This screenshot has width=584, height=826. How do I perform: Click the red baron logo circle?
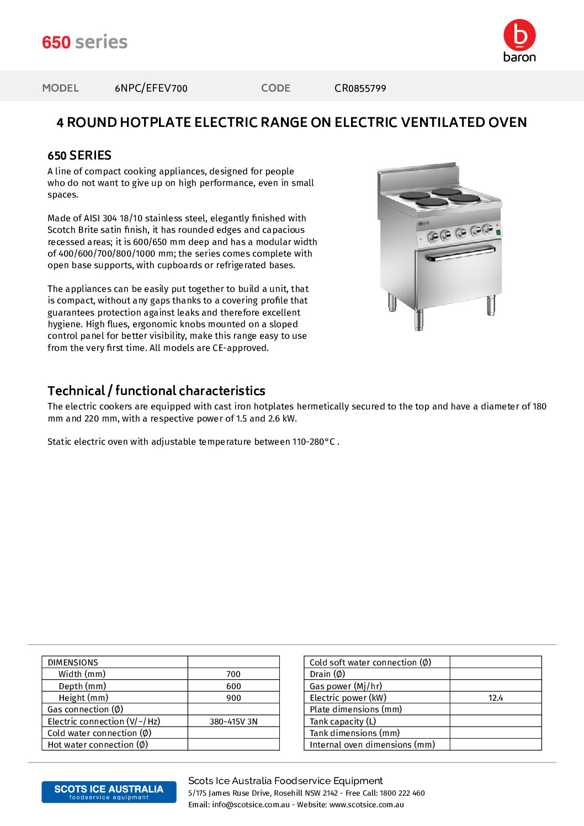(x=519, y=35)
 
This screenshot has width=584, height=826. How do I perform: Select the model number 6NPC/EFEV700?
(x=151, y=88)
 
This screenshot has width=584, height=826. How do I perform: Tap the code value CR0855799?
(x=360, y=88)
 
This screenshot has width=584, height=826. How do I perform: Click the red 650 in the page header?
(x=56, y=42)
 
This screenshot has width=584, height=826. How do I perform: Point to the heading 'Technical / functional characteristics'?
(x=156, y=391)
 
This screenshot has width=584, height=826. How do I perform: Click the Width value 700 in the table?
(x=233, y=674)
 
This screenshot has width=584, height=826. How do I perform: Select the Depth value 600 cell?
(x=233, y=686)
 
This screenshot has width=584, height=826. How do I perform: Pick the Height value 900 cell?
(x=233, y=698)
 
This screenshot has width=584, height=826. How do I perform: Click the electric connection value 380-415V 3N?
(x=233, y=722)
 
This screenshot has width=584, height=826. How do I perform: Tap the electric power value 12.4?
(x=495, y=698)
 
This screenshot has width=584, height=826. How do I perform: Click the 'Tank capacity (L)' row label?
(x=343, y=722)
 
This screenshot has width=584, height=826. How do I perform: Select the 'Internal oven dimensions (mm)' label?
(x=372, y=745)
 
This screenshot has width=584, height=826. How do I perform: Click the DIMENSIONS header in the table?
(x=73, y=663)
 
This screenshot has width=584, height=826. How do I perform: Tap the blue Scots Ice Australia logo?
(x=109, y=792)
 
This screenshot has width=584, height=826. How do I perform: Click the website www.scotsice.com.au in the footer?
(x=367, y=804)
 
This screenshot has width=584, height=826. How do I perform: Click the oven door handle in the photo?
(x=461, y=254)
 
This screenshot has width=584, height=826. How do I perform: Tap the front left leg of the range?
(x=419, y=319)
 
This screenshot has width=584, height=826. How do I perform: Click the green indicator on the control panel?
(x=498, y=233)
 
